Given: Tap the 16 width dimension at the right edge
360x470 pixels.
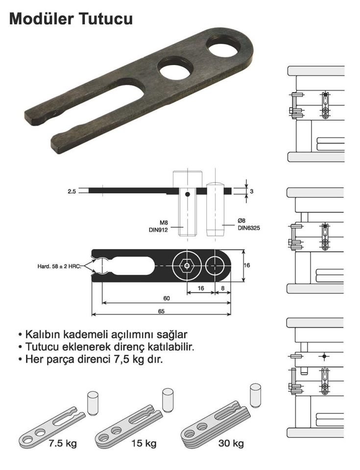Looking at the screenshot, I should point(247,265).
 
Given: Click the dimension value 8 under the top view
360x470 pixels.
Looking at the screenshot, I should point(223,289).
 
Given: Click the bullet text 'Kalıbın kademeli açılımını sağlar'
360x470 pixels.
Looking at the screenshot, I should point(102,335).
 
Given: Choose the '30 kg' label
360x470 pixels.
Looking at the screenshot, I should point(231,444).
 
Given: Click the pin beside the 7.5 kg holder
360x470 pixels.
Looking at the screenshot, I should point(93,401).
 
